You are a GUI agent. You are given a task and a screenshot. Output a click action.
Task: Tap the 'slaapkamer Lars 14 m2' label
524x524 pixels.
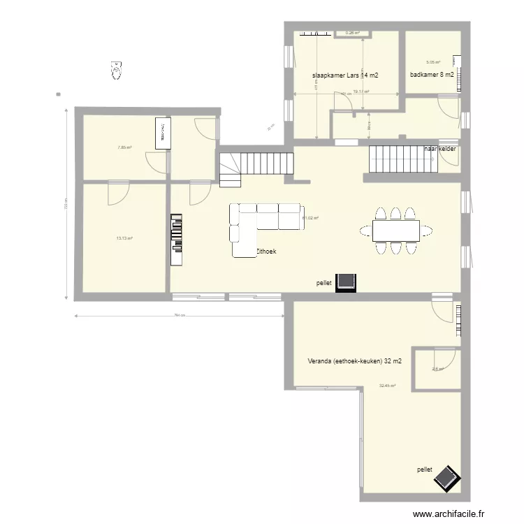(x=345, y=75)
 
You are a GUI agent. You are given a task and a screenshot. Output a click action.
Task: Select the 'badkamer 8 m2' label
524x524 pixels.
(x=432, y=75)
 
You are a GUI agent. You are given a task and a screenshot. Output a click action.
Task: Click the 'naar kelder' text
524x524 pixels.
(x=441, y=149)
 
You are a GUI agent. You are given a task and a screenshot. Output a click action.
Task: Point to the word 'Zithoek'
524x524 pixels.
(x=265, y=251)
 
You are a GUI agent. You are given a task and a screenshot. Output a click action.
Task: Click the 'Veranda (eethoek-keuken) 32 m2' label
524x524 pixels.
(x=354, y=361)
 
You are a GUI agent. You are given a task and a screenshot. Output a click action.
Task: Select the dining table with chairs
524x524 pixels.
(x=395, y=230)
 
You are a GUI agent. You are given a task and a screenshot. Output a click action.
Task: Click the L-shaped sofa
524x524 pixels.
(x=262, y=224)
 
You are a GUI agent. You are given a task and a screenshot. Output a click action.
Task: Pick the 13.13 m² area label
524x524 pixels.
(x=124, y=238)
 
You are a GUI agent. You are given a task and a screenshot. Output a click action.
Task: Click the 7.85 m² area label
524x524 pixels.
(x=125, y=147)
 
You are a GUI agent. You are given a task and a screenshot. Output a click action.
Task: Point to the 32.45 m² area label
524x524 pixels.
(x=387, y=386)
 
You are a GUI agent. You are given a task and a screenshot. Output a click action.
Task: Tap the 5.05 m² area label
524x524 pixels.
(x=433, y=61)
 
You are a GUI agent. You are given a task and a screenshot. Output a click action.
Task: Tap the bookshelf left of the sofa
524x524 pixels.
(x=175, y=238)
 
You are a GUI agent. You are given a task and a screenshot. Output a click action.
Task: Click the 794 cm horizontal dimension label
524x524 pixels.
(x=179, y=315)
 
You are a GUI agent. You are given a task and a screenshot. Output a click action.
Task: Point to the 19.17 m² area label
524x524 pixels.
(x=361, y=92)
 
